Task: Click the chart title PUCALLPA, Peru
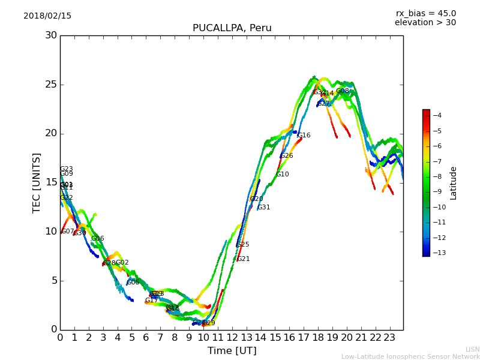pos(232,28)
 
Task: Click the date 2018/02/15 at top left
pos(47,16)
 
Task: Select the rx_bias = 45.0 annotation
pos(425,13)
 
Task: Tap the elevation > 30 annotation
pos(425,23)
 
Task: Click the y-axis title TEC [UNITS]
pos(37,182)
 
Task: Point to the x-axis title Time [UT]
pos(232,351)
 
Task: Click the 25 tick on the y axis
pos(50,84)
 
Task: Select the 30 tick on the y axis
pos(50,35)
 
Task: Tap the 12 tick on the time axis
pos(232,338)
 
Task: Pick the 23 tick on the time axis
pos(389,338)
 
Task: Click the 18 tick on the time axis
pos(317,338)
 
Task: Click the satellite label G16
pos(304,136)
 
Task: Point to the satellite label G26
pos(287,156)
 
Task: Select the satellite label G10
pos(283,175)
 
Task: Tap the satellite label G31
pos(264,208)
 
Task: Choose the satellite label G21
pos(244,259)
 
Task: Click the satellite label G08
pos(343,91)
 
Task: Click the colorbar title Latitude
pos(454,183)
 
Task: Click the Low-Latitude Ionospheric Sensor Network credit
pos(410,357)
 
